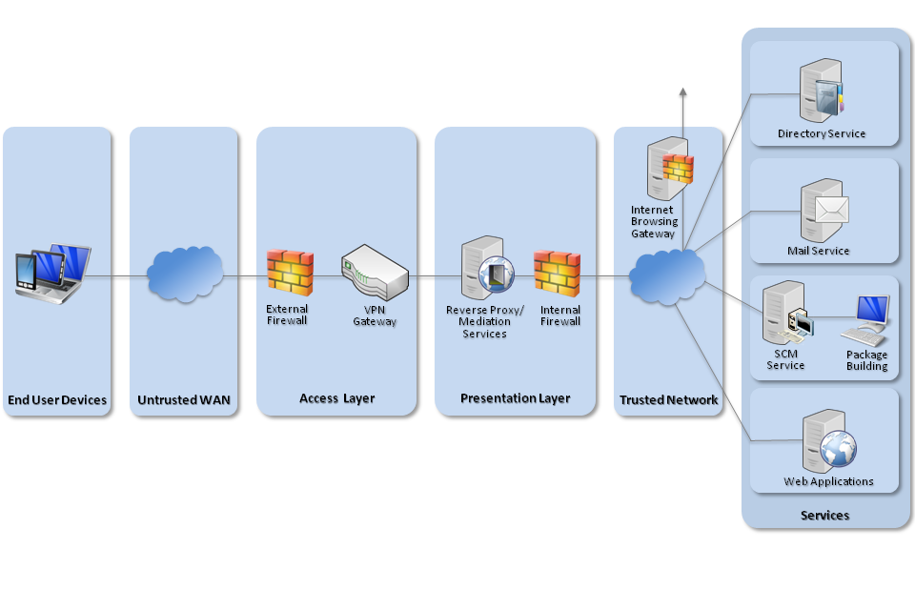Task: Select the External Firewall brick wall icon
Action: pyautogui.click(x=290, y=271)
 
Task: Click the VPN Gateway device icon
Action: pyautogui.click(x=375, y=271)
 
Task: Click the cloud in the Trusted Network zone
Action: pyautogui.click(x=667, y=275)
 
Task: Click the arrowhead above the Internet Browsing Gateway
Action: pyautogui.click(x=682, y=91)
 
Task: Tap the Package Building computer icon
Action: pyautogui.click(x=867, y=320)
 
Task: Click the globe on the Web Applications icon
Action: pyautogui.click(x=840, y=447)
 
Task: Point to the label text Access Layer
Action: pyautogui.click(x=336, y=398)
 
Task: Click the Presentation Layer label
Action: pyautogui.click(x=515, y=398)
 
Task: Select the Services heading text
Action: pyautogui.click(x=824, y=516)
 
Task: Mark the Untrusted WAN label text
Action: pyautogui.click(x=183, y=400)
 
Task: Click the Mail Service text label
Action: pyautogui.click(x=818, y=251)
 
